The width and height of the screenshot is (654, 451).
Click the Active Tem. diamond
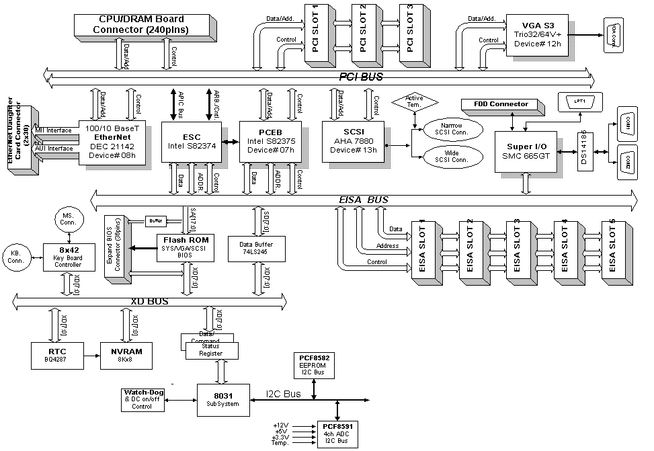tap(415, 102)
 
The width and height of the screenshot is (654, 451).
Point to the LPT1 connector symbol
tap(580, 102)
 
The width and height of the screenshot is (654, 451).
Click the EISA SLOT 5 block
tap(616, 249)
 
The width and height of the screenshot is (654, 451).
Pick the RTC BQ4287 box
tap(56, 354)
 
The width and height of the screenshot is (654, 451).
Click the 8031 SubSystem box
tap(222, 395)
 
